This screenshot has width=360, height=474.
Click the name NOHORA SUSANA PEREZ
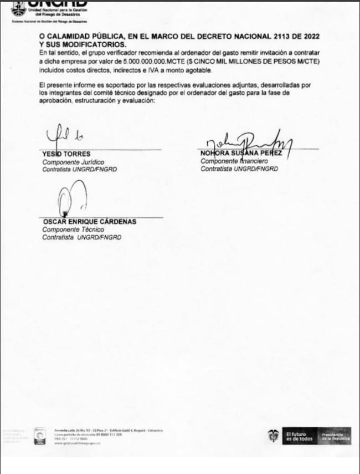pyautogui.click(x=241, y=154)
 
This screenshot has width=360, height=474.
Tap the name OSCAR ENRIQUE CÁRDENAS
pyautogui.click(x=90, y=222)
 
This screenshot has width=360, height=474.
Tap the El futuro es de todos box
pyautogui.click(x=299, y=436)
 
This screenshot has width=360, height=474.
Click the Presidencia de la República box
pyautogui.click(x=334, y=436)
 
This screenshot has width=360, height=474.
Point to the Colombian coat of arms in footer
pyautogui.click(x=272, y=435)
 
